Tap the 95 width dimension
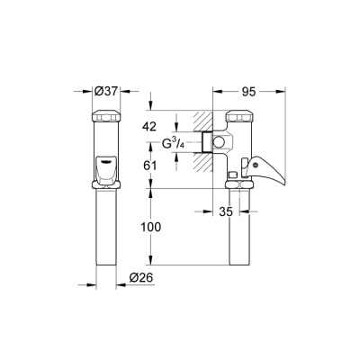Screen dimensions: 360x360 click(253, 90)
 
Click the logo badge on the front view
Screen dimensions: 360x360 click(104, 162)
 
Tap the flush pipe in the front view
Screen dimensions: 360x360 click(103, 234)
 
